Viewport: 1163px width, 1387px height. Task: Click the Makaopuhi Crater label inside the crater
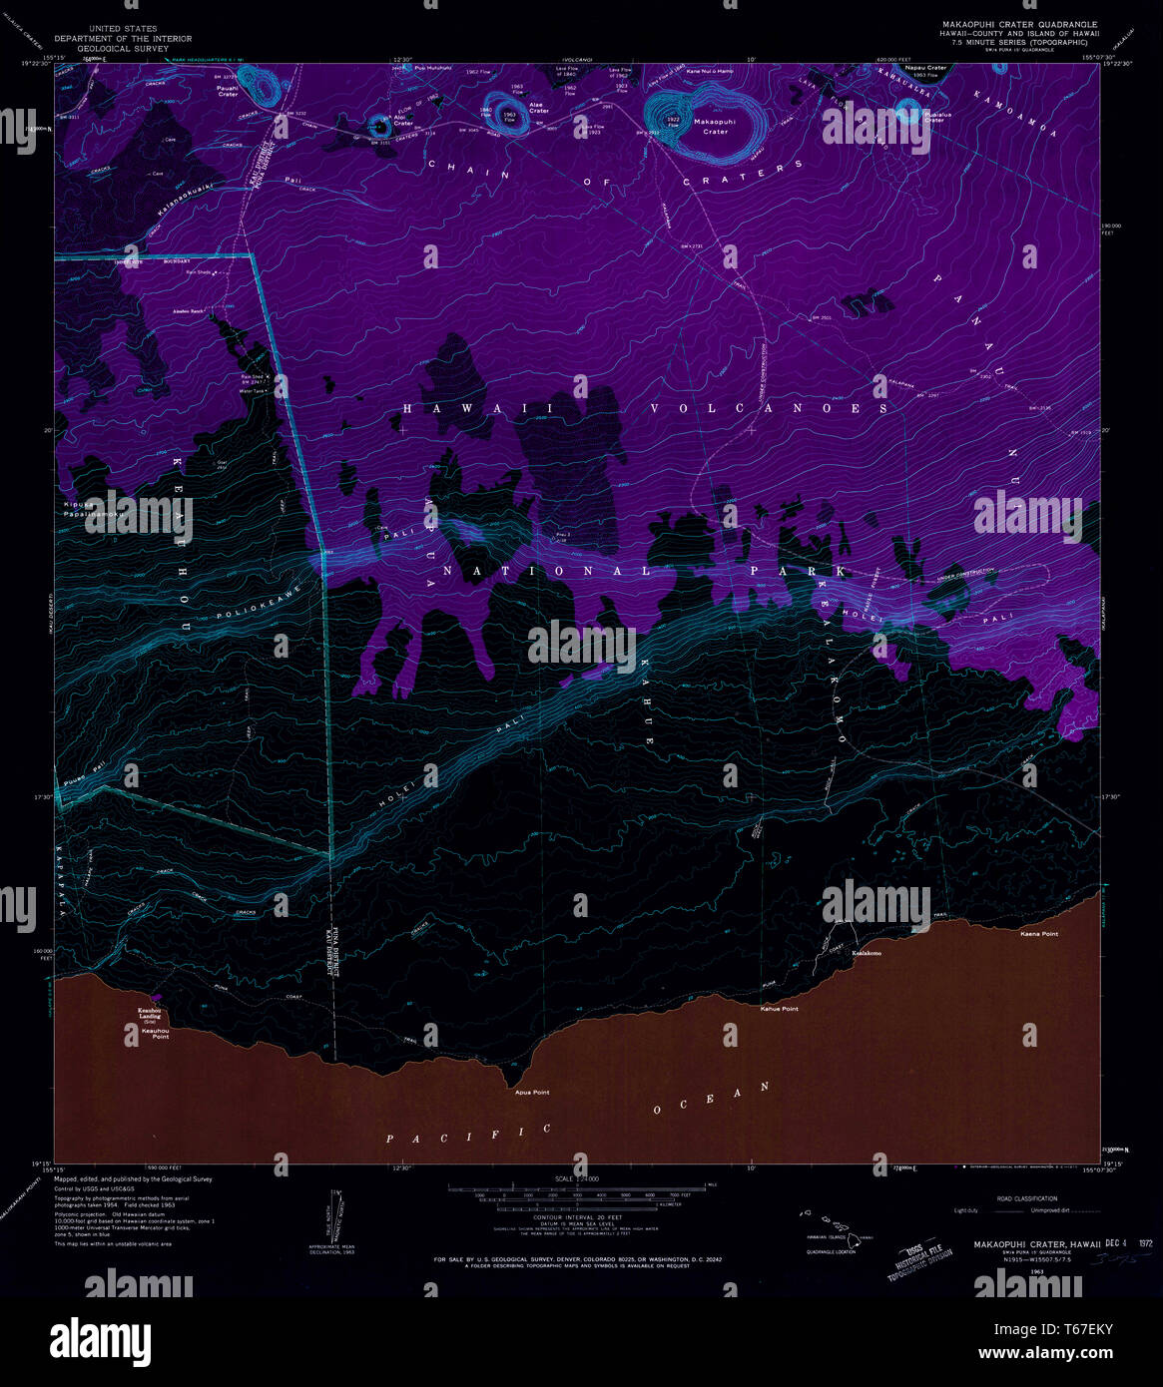715,126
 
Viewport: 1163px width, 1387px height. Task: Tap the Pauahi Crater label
229,91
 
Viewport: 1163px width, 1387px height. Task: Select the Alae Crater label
539,107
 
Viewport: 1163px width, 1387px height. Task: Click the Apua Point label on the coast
532,1093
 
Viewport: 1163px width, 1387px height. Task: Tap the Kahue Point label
779,1009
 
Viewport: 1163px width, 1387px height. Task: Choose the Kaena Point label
1038,934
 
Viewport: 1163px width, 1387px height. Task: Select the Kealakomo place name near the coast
866,953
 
